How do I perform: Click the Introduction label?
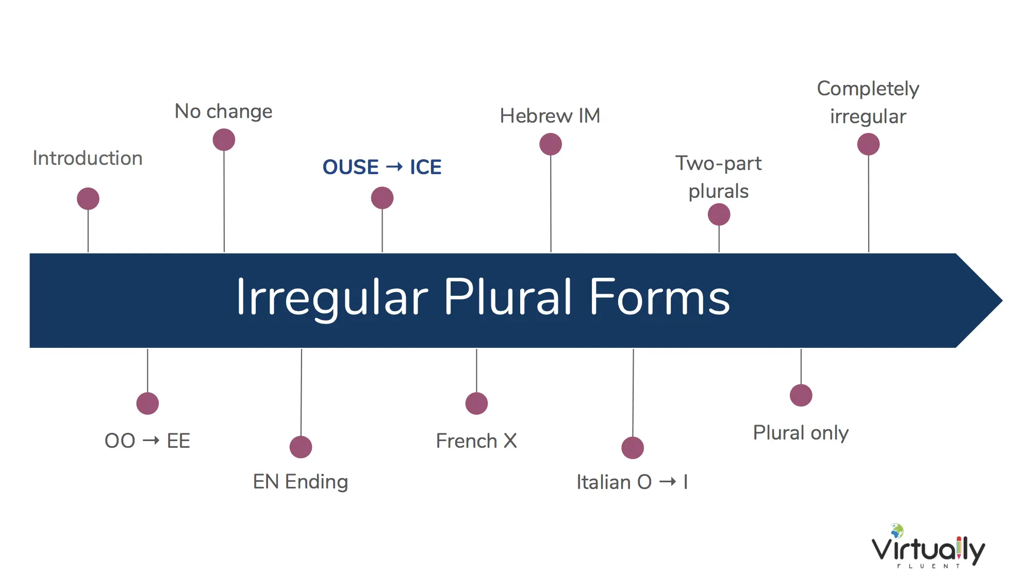(88, 158)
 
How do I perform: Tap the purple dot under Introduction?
(88, 199)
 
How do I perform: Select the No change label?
(223, 112)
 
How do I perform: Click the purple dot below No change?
(224, 140)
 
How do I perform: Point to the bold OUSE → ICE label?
(382, 167)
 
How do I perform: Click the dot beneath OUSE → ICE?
(382, 198)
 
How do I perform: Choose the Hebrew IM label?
(550, 116)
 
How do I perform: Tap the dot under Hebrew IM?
(551, 144)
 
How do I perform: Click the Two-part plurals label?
(719, 177)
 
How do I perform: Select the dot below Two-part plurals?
(719, 214)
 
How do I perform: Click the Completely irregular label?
(868, 103)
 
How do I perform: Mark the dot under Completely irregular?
(868, 144)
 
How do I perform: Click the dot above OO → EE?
(147, 403)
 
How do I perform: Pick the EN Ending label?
(301, 482)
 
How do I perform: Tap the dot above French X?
(476, 403)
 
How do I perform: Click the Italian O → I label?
(632, 482)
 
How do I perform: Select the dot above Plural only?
(801, 395)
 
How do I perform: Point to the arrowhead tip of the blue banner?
(1002, 300)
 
